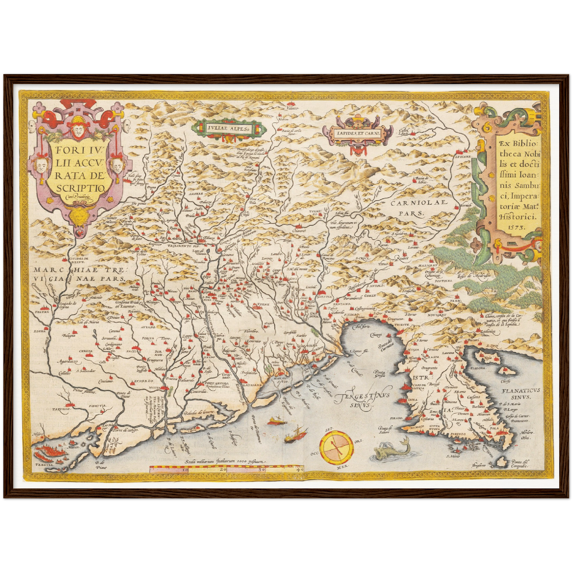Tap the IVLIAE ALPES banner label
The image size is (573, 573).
pyautogui.click(x=228, y=128)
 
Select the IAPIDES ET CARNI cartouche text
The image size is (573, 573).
pyautogui.click(x=357, y=134)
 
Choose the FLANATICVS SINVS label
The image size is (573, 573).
pyautogui.click(x=520, y=394)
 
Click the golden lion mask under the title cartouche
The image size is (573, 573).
pyautogui.click(x=83, y=216)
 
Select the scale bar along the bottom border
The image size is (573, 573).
pyautogui.click(x=226, y=469)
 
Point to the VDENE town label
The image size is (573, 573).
pyautogui.click(x=263, y=305)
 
